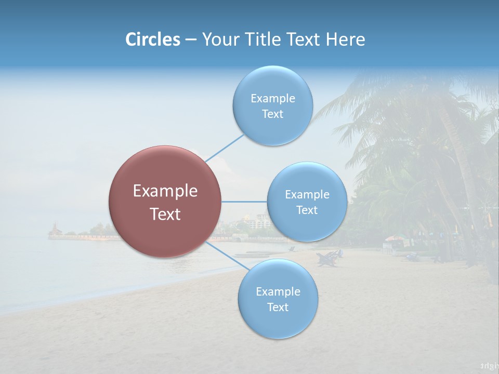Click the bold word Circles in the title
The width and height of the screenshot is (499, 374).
pos(152,39)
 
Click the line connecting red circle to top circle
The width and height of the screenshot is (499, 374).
pos(225,148)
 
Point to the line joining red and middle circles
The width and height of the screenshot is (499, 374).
pos(244,202)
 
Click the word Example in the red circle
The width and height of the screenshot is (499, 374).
pos(165,191)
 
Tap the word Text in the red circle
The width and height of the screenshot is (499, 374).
pos(165,214)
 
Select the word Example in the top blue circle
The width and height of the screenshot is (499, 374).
pos(272,98)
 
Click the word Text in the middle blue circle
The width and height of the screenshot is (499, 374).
pos(307,210)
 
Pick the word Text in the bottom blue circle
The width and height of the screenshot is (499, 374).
pos(278,307)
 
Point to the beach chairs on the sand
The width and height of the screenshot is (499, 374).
pos(329,258)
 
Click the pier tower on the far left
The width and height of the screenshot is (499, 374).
pos(54,229)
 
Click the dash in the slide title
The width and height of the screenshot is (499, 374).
pos(191,40)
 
